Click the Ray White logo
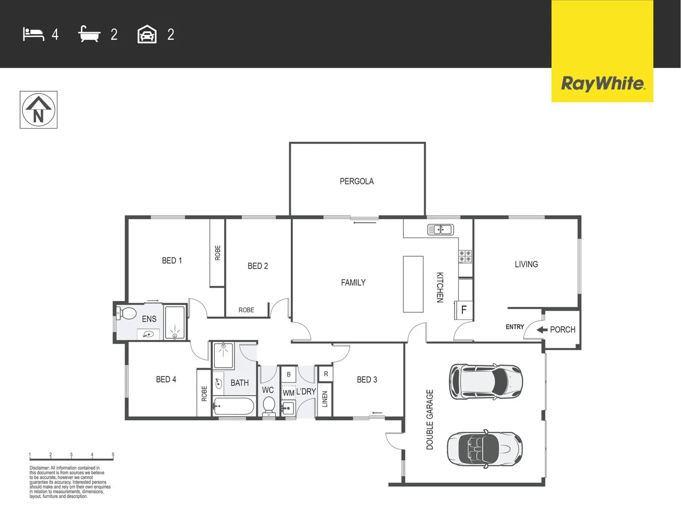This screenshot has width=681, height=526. tap(603, 83)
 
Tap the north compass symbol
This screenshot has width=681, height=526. tap(38, 110)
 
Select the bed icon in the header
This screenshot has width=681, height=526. tap(33, 34)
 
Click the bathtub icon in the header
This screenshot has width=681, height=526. tap(89, 34)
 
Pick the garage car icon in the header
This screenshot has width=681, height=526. tap(147, 35)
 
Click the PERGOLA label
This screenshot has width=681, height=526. tap(357, 181)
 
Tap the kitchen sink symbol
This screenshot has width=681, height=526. tap(440, 229)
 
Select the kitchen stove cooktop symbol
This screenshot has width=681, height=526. tap(465, 256)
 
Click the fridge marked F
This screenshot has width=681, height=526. tap(464, 310)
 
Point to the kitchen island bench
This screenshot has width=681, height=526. tap(413, 284)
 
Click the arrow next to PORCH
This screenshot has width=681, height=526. tap(542, 330)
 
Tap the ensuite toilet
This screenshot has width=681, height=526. tap(127, 313)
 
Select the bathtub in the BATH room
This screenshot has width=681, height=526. tap(234, 406)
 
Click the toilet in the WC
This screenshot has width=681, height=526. tap(269, 405)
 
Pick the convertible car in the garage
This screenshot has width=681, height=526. tap(484, 449)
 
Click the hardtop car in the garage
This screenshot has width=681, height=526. tap(486, 381)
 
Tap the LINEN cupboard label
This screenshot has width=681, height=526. tap(325, 399)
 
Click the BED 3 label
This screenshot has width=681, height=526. tap(367, 379)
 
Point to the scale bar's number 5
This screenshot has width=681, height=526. tap(113, 455)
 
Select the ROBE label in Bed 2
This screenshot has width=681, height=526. tap(246, 310)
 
